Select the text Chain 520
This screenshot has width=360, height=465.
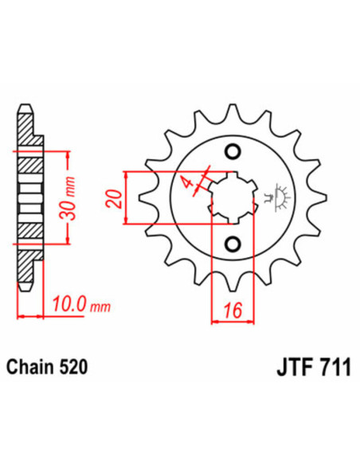tap(47, 368)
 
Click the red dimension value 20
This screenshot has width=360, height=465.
tap(116, 198)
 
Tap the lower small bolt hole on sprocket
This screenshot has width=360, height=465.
tap(232, 243)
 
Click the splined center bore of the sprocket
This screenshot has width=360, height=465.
tap(232, 197)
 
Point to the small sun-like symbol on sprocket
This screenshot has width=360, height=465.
tap(280, 194)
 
